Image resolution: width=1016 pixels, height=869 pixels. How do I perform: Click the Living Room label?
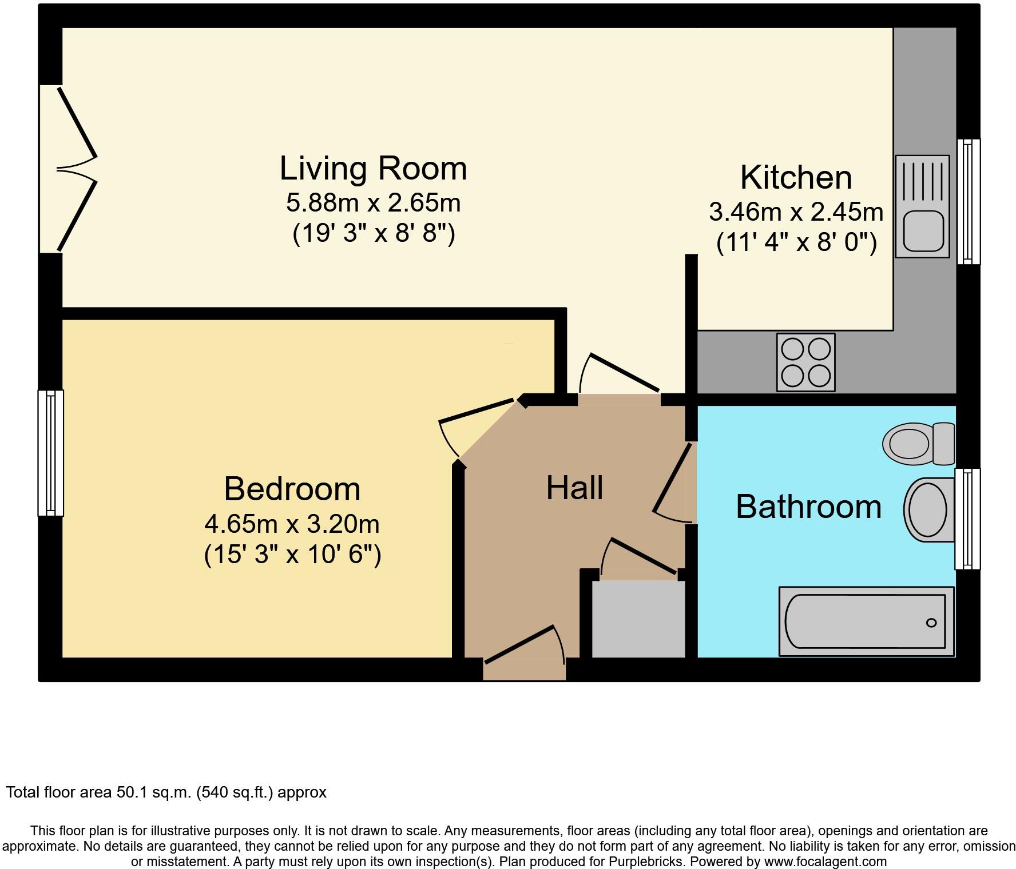pyautogui.click(x=373, y=169)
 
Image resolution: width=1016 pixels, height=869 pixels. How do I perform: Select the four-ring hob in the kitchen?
pyautogui.click(x=805, y=362)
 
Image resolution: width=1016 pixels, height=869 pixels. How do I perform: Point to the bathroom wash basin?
pyautogui.click(x=928, y=509)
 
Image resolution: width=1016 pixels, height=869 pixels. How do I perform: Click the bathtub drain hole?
pyautogui.click(x=931, y=623)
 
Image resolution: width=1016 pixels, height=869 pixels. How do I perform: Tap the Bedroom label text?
pyautogui.click(x=292, y=489)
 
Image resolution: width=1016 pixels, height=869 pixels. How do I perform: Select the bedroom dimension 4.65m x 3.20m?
pyautogui.click(x=292, y=524)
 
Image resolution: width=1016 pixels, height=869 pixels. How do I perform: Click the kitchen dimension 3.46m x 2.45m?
pyautogui.click(x=796, y=212)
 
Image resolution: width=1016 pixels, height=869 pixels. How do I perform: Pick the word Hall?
pyautogui.click(x=574, y=488)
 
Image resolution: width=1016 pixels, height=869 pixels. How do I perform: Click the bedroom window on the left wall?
pyautogui.click(x=50, y=453)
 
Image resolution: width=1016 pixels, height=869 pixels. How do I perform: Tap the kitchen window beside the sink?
pyautogui.click(x=969, y=201)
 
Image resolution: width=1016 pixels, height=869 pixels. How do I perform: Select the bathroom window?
pyautogui.click(x=967, y=519)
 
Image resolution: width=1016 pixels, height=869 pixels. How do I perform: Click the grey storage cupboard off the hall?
pyautogui.click(x=638, y=619)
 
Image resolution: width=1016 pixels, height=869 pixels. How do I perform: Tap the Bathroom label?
pyautogui.click(x=808, y=507)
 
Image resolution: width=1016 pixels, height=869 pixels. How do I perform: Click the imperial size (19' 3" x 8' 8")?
pyautogui.click(x=374, y=234)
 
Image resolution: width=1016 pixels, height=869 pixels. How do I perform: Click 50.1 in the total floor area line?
pyautogui.click(x=132, y=792)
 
